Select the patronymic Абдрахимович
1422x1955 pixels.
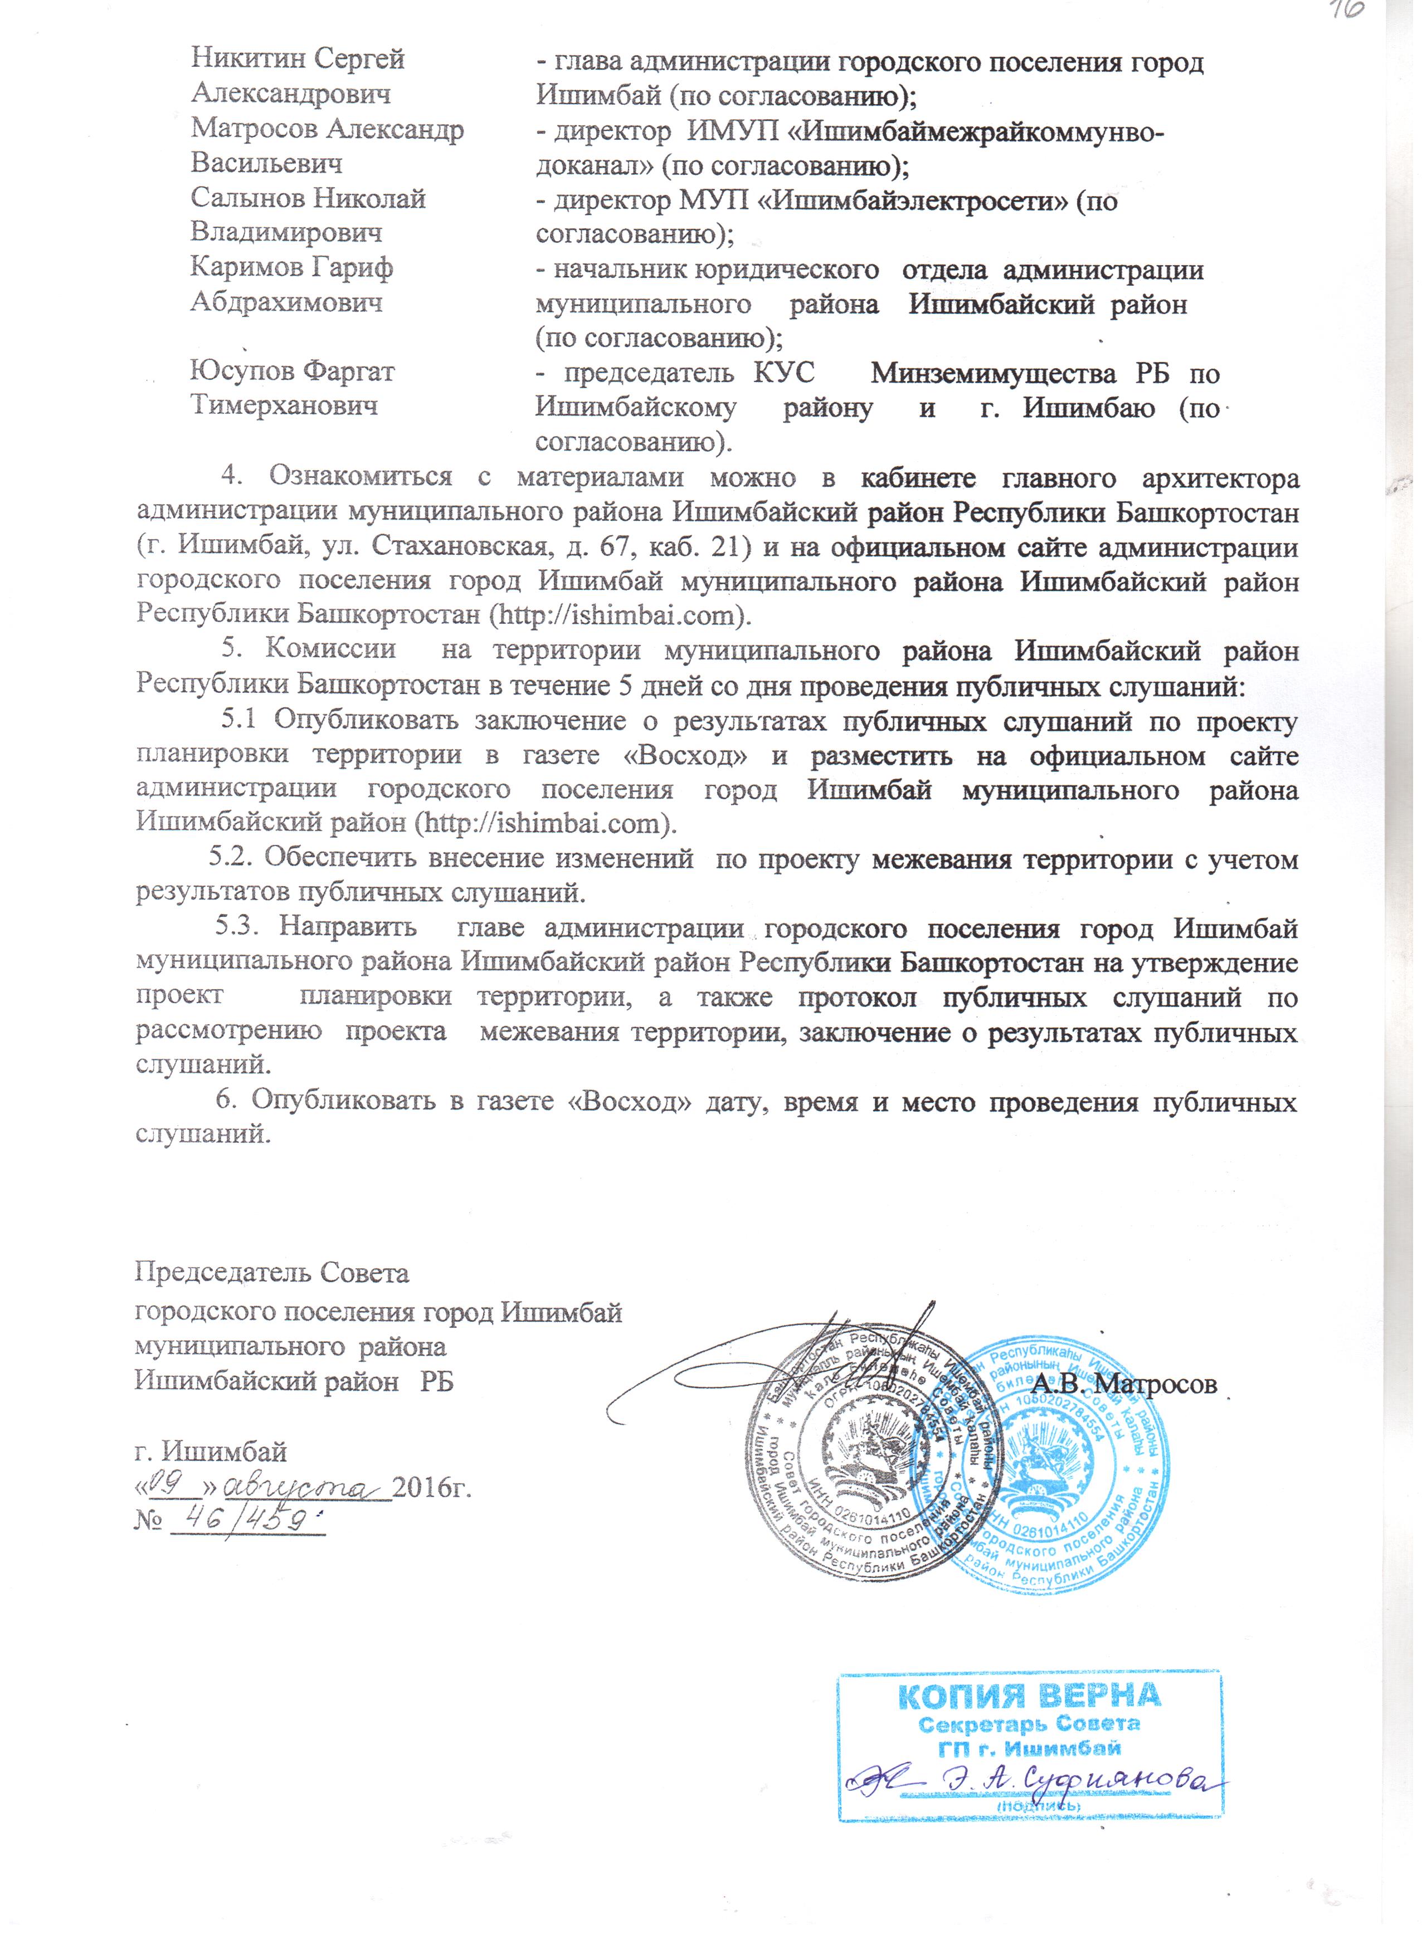[286, 302]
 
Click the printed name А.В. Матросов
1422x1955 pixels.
[1124, 1384]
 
